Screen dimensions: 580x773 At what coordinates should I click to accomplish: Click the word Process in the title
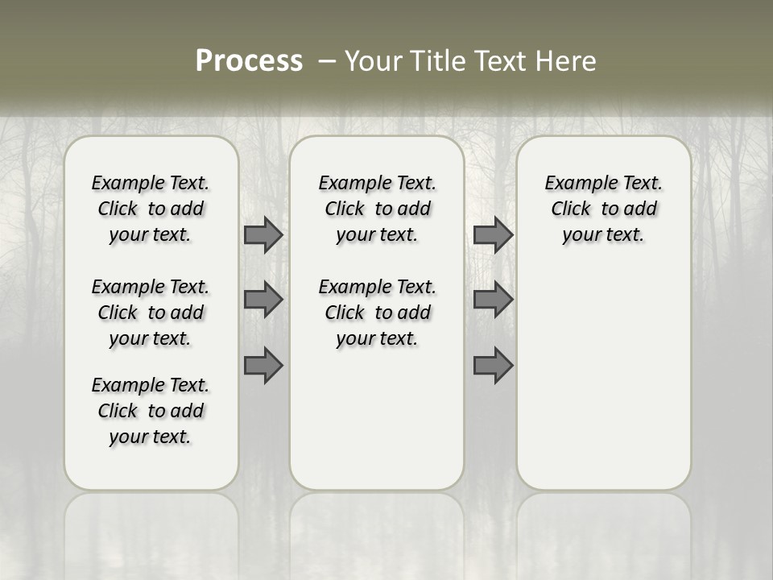pyautogui.click(x=249, y=61)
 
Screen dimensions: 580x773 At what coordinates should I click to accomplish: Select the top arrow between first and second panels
pyautogui.click(x=263, y=235)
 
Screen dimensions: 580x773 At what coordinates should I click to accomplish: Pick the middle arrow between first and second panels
pyautogui.click(x=263, y=300)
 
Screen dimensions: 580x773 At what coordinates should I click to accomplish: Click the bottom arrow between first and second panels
pyautogui.click(x=263, y=365)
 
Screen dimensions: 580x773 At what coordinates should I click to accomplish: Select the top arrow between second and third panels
pyautogui.click(x=493, y=235)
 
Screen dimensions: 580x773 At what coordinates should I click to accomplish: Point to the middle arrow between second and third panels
pyautogui.click(x=493, y=300)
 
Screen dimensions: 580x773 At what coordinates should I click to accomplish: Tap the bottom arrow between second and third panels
pyautogui.click(x=493, y=365)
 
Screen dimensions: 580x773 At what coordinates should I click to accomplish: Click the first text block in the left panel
pyautogui.click(x=151, y=209)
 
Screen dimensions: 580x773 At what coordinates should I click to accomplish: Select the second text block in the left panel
pyautogui.click(x=151, y=313)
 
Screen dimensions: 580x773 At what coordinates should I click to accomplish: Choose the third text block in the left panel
pyautogui.click(x=151, y=411)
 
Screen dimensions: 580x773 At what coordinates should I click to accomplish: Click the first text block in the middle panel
pyautogui.click(x=378, y=209)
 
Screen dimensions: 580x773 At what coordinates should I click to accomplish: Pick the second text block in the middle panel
pyautogui.click(x=378, y=313)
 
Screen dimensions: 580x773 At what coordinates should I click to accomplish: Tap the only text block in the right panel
pyautogui.click(x=604, y=209)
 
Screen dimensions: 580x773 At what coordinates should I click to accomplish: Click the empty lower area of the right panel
pyautogui.click(x=604, y=379)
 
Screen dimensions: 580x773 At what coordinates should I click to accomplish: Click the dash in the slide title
pyautogui.click(x=327, y=61)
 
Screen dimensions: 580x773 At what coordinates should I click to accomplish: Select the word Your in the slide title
pyautogui.click(x=372, y=61)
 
